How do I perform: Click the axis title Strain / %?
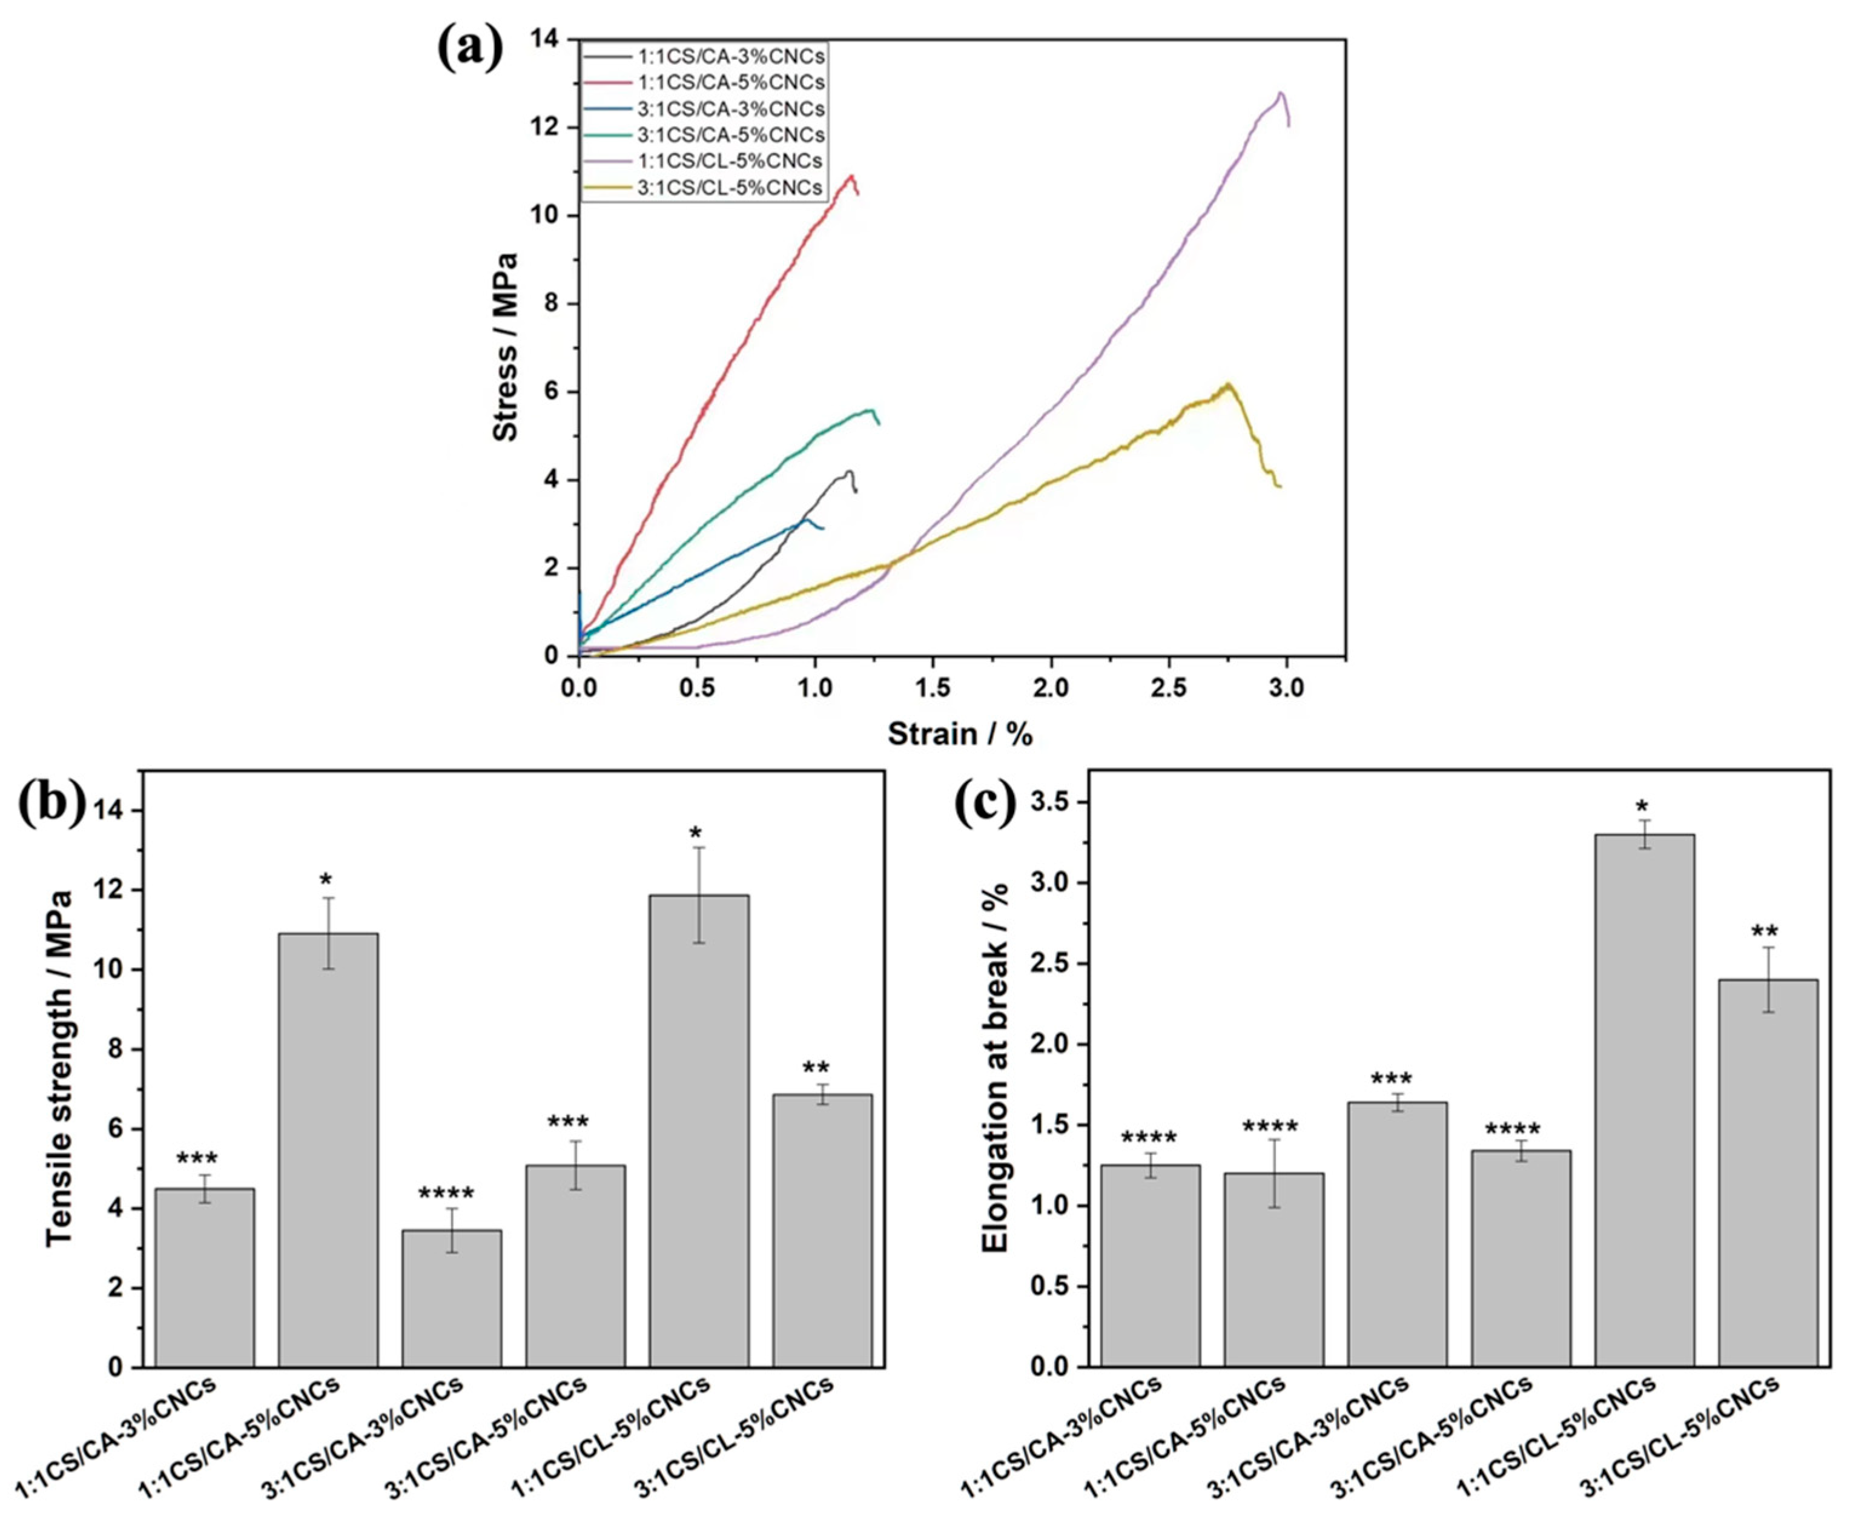[960, 733]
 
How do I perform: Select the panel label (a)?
[471, 48]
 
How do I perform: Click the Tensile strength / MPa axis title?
[60, 1068]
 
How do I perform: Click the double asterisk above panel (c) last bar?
[1768, 932]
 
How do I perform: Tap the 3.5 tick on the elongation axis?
[1053, 802]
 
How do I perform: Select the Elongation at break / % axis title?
[996, 1068]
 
